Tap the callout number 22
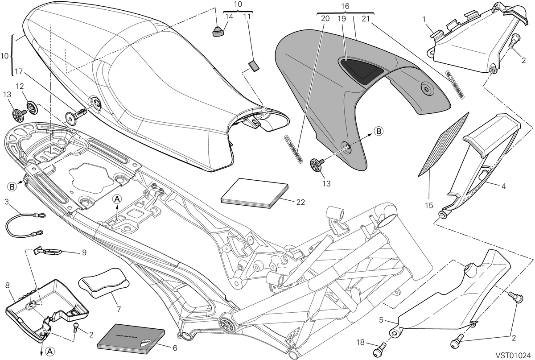click(300, 202)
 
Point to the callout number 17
click(19, 71)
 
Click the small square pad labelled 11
click(254, 66)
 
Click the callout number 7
click(119, 309)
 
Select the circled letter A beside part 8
click(49, 351)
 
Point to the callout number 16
click(345, 6)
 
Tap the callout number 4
click(503, 186)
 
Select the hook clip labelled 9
click(48, 251)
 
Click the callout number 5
click(381, 320)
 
